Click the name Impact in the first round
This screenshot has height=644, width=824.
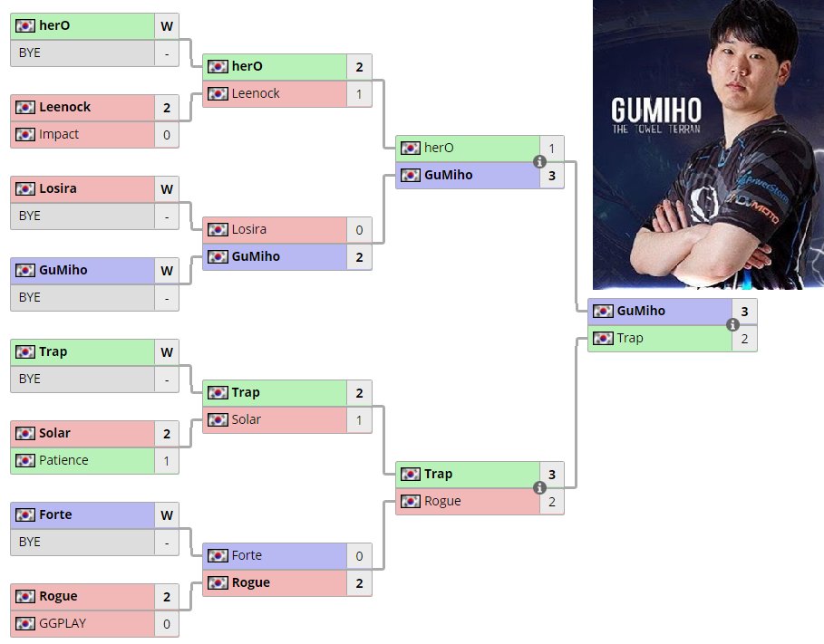(59, 134)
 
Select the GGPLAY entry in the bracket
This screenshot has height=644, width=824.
(60, 623)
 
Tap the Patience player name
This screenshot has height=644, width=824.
(63, 460)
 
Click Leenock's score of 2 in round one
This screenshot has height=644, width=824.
(167, 107)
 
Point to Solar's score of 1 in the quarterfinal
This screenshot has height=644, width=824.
(359, 419)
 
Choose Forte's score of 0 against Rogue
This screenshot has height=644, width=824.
(359, 555)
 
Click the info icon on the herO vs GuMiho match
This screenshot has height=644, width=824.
(540, 161)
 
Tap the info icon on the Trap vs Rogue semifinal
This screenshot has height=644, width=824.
(540, 487)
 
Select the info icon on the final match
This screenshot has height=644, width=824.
(733, 324)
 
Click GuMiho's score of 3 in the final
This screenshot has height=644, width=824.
(744, 311)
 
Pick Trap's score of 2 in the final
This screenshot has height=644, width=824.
(744, 338)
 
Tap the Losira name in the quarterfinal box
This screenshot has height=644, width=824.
(249, 229)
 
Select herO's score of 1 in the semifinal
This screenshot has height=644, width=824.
(552, 148)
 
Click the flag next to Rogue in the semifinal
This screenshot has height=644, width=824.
(411, 501)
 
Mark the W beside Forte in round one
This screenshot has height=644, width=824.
(167, 514)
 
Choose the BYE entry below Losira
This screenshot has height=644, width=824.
(30, 216)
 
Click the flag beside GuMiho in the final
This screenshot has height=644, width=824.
(603, 311)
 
